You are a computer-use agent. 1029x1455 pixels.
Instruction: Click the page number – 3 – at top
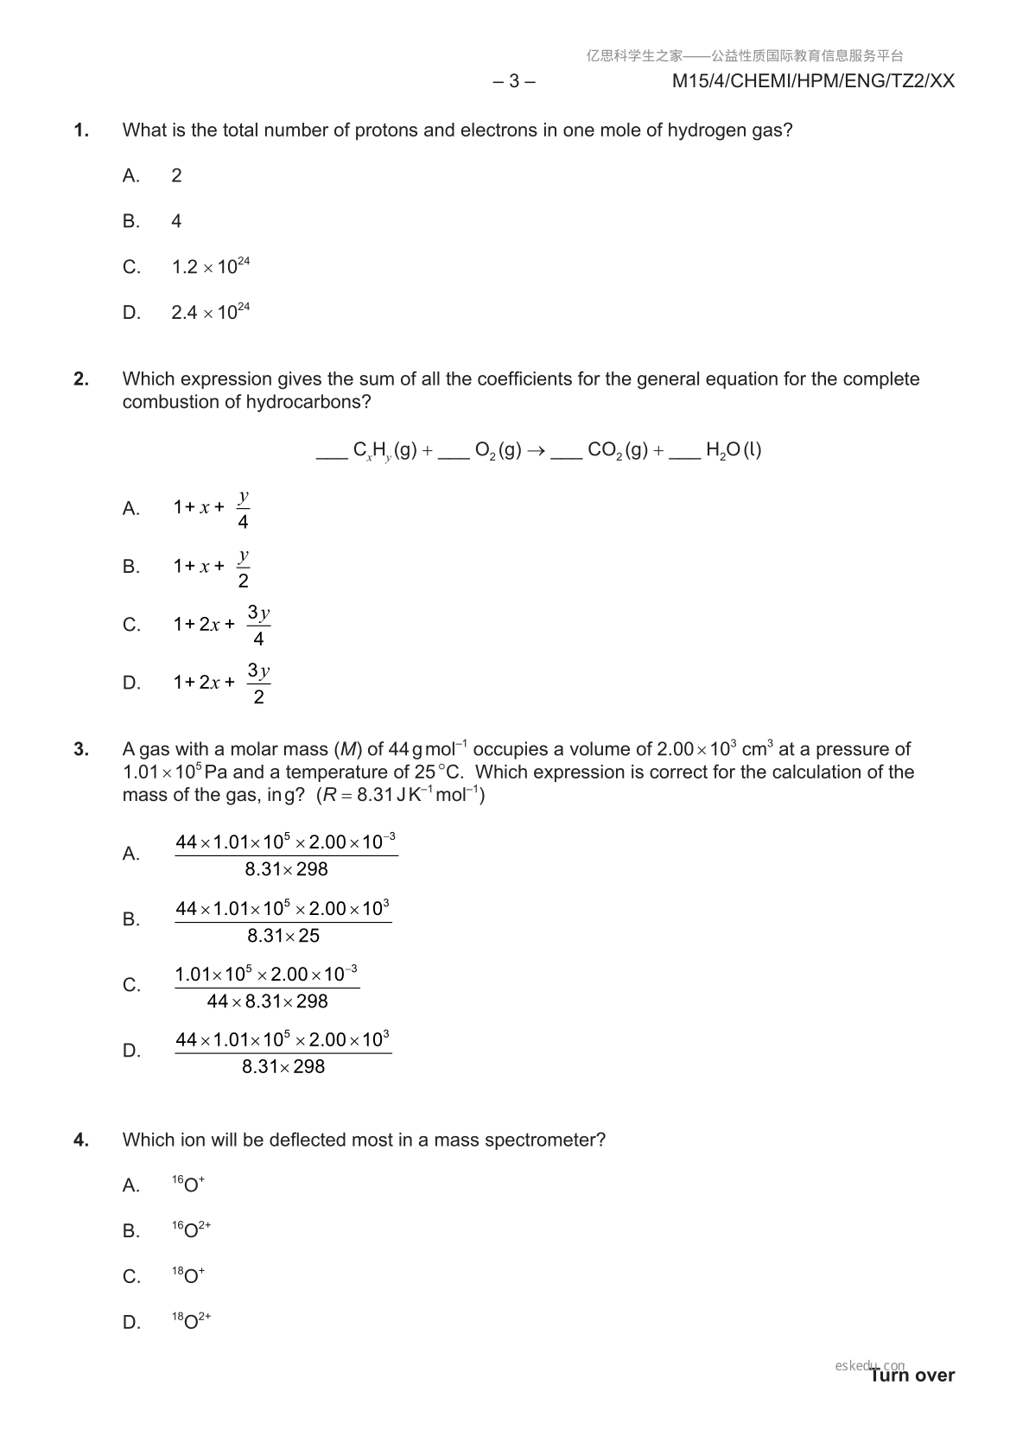[514, 81]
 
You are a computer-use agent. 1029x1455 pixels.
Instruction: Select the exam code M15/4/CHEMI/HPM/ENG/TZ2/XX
[813, 81]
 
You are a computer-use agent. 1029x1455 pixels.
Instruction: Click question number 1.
[81, 130]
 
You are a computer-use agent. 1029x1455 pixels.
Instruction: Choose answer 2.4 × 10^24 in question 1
[210, 312]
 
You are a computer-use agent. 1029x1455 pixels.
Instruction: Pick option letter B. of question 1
[131, 221]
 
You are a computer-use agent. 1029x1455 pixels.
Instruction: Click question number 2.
[81, 379]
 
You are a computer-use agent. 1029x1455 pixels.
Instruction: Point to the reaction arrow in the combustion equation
[536, 450]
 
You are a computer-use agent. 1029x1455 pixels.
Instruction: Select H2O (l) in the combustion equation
[733, 450]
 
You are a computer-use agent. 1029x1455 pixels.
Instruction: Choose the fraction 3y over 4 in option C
[258, 626]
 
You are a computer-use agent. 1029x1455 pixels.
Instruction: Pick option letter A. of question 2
[131, 509]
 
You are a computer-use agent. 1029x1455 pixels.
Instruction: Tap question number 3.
[81, 749]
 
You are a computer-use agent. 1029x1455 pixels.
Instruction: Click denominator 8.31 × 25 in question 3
[283, 936]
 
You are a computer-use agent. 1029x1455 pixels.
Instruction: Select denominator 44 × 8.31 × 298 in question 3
[268, 1001]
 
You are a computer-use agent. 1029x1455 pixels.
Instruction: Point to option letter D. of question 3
[131, 1051]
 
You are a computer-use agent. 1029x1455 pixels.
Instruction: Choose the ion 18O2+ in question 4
[191, 1321]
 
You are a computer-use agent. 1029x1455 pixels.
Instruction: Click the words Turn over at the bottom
[912, 1376]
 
